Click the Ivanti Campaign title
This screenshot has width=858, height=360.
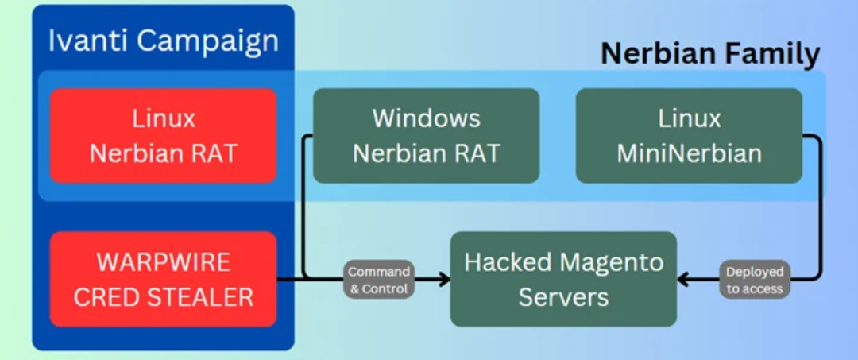click(x=163, y=41)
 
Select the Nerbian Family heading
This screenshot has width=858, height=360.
click(x=711, y=53)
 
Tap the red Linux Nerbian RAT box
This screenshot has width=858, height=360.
click(x=163, y=136)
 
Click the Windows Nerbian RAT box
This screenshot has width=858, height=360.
click(x=427, y=136)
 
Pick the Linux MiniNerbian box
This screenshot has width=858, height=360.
click(x=690, y=136)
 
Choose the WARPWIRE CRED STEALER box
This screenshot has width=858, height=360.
click(x=163, y=279)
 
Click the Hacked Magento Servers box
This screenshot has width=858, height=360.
click(x=563, y=279)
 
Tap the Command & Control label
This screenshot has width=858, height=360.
click(x=379, y=280)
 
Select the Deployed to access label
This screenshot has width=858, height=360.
click(x=755, y=280)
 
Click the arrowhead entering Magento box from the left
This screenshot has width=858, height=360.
click(x=444, y=280)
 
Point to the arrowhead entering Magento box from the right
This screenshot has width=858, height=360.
click(x=684, y=280)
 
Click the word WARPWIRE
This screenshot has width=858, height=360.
click(x=163, y=262)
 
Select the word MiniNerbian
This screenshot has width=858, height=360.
click(x=690, y=153)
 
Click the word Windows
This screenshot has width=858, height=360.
click(x=427, y=118)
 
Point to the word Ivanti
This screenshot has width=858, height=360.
click(x=88, y=41)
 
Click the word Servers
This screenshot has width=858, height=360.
click(x=563, y=298)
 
